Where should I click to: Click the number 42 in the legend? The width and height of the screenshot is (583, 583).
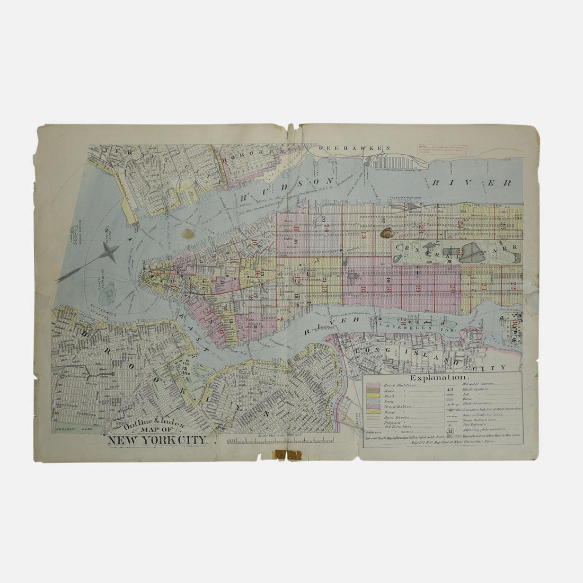tap(450, 389)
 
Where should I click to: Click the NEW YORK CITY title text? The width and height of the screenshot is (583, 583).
tap(159, 439)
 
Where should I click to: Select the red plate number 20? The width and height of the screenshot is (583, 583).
tap(453, 289)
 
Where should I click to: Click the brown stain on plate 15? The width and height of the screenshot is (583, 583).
tap(386, 233)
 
